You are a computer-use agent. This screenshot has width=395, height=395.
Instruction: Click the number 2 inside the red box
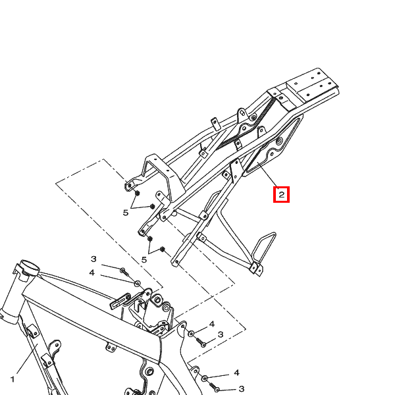281,194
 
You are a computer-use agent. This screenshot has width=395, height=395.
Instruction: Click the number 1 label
13,379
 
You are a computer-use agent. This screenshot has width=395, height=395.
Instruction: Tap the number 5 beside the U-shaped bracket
126,213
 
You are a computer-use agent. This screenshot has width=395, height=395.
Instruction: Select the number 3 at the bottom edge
241,389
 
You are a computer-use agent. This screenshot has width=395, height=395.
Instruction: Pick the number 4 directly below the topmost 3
92,273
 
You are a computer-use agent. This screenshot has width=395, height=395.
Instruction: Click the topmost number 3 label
93,259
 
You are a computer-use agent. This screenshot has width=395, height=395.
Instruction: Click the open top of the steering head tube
30,265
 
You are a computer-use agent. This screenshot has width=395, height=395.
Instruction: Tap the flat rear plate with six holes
312,85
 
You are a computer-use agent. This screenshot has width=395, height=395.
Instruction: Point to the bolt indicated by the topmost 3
124,272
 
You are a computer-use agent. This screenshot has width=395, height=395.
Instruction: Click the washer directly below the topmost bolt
138,284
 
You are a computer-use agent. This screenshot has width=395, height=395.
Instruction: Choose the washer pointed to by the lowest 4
205,379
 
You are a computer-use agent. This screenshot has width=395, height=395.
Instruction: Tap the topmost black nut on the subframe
138,194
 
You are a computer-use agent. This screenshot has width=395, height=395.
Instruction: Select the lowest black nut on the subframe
163,250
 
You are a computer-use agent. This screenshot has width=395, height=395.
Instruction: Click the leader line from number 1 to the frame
27,359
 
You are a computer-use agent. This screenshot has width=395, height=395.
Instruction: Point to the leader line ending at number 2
267,175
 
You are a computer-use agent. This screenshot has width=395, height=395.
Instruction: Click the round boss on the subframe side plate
278,141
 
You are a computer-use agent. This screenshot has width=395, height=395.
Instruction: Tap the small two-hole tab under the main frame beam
111,348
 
